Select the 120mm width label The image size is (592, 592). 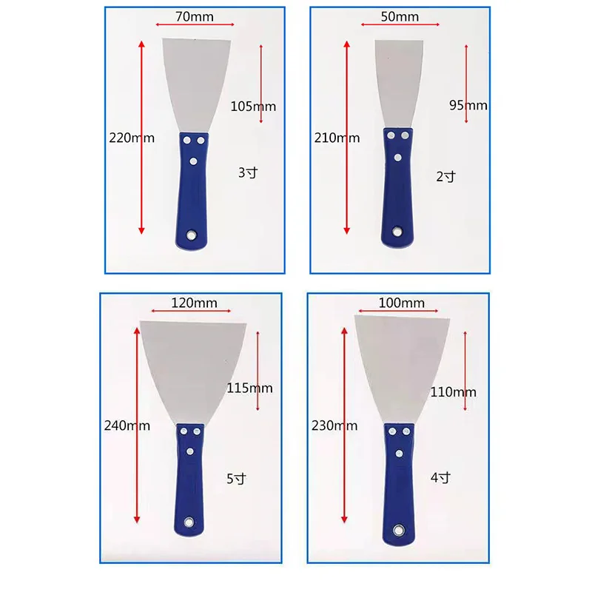191,303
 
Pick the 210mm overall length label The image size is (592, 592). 337,138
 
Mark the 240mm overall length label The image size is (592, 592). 127,425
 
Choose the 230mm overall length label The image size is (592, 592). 334,425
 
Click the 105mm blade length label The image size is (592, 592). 253,107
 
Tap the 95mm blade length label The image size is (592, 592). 468,105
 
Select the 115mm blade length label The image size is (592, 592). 250,388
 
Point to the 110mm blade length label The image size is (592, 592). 454,391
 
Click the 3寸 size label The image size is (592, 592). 247,174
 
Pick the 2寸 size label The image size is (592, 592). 446,176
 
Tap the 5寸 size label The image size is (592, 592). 235,479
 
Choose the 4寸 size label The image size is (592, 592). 440,477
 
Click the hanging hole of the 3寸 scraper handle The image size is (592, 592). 191,235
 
